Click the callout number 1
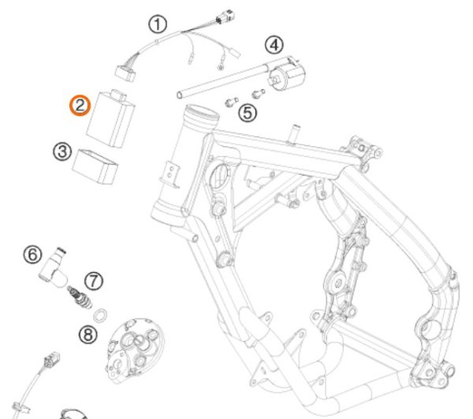[160, 24]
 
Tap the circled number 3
[63, 151]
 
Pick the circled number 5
[248, 113]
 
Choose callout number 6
[32, 254]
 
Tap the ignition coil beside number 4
[287, 77]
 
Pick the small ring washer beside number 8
[101, 316]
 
